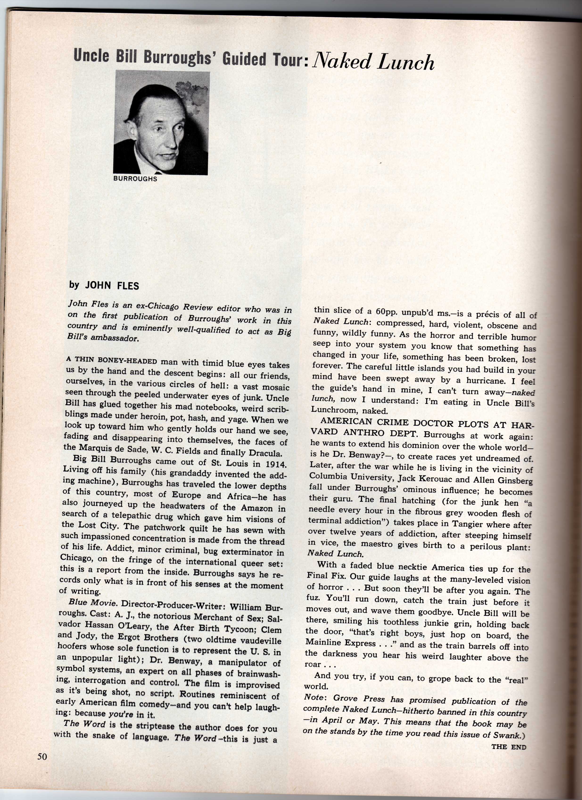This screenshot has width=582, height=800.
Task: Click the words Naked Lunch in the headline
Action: coord(373,62)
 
